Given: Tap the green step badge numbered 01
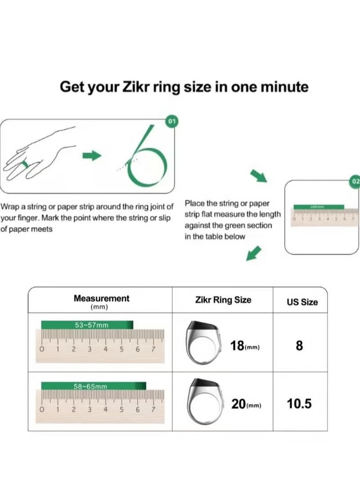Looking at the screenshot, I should (171, 121).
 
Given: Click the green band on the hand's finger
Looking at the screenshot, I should (26, 165).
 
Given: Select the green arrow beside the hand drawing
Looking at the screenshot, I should (92, 156).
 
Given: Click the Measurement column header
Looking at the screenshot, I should (101, 298).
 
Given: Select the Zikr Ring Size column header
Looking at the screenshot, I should (223, 300).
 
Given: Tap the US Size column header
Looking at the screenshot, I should (302, 302).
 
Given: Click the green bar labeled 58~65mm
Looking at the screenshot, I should (94, 386).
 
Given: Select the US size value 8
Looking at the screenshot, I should (300, 346).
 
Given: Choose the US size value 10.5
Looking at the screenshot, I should (299, 404).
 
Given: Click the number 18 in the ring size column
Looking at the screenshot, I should (237, 346).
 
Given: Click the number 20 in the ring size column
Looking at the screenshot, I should (238, 404).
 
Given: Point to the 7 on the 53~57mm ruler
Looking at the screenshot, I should (153, 349).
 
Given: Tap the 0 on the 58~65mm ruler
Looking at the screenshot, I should (42, 410).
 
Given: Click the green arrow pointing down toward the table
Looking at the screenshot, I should (254, 253).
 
